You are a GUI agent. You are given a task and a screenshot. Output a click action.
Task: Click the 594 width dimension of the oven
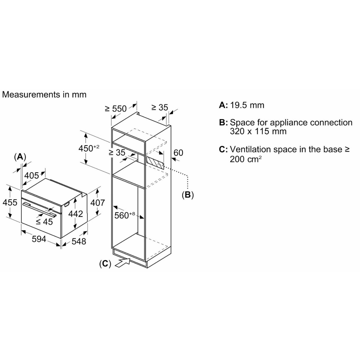pyautogui.click(x=39, y=239)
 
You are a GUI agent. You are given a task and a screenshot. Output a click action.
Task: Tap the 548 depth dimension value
pyautogui.click(x=79, y=241)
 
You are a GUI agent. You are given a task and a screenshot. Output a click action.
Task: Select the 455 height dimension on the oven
pyautogui.click(x=10, y=202)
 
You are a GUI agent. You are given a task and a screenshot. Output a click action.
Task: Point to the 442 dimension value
pyautogui.click(x=76, y=214)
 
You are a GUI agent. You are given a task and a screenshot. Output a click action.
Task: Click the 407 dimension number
pyautogui.click(x=98, y=202)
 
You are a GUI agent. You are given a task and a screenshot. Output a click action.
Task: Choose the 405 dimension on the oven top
pyautogui.click(x=32, y=175)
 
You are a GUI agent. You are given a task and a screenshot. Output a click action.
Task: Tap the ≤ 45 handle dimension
pyautogui.click(x=45, y=221)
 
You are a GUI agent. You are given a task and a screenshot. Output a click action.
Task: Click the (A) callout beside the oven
pyautogui.click(x=20, y=157)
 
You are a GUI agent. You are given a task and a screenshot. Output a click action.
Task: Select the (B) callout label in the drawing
pyautogui.click(x=188, y=195)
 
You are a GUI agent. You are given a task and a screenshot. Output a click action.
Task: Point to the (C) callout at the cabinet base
pyautogui.click(x=105, y=264)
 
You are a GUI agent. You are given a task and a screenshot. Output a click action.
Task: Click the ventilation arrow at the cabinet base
pyautogui.click(x=122, y=262)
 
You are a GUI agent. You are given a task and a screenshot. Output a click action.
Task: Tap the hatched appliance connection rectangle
pyautogui.click(x=155, y=163)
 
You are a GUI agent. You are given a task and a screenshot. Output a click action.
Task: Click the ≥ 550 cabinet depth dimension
pyautogui.click(x=116, y=108)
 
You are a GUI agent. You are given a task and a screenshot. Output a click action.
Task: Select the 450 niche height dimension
pyautogui.click(x=89, y=148)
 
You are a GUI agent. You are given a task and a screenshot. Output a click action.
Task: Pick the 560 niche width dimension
pyautogui.click(x=125, y=215)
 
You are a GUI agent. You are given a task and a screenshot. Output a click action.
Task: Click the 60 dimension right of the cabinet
pyautogui.click(x=178, y=153)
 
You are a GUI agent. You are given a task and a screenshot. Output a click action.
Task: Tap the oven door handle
pyautogui.click(x=39, y=209)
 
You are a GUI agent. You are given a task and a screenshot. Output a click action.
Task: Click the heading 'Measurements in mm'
pyautogui.click(x=44, y=94)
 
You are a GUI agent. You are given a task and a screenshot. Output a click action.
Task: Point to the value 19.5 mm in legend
pyautogui.click(x=247, y=105)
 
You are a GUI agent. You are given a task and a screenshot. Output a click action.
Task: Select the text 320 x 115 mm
pyautogui.click(x=258, y=131)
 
